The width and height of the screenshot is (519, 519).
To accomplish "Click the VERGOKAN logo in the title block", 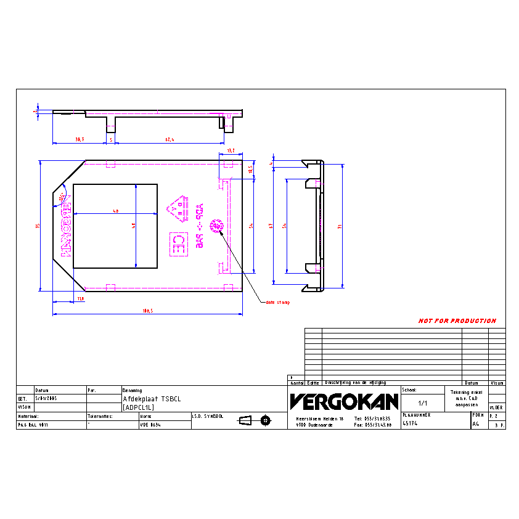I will pos(343,402).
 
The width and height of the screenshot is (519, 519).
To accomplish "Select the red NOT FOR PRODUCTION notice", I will pos(457,321).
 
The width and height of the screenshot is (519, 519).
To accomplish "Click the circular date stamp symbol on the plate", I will pos(217,227).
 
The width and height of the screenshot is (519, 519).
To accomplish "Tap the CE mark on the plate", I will pos(179,244).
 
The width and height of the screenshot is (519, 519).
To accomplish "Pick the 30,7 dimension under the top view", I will pos(80,140).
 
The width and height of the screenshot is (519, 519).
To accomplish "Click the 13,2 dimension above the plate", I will pos(231,150).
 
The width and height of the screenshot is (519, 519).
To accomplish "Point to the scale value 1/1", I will pos(423,403).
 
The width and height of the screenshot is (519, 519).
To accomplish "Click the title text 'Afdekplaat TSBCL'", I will pos(151,399).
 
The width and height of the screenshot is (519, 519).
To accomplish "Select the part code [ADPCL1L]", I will pos(138,407).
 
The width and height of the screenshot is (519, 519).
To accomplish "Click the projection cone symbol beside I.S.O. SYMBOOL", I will pos(245,420).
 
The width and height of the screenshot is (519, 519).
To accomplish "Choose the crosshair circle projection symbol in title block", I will pos(266,420).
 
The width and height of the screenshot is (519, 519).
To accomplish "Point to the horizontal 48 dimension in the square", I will pos(115,211).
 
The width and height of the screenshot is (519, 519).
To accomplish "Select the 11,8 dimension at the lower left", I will pos(80,299).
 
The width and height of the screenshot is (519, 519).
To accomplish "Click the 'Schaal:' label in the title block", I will pos(409,390).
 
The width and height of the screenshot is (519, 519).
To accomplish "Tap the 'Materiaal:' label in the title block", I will pos(28,416).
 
